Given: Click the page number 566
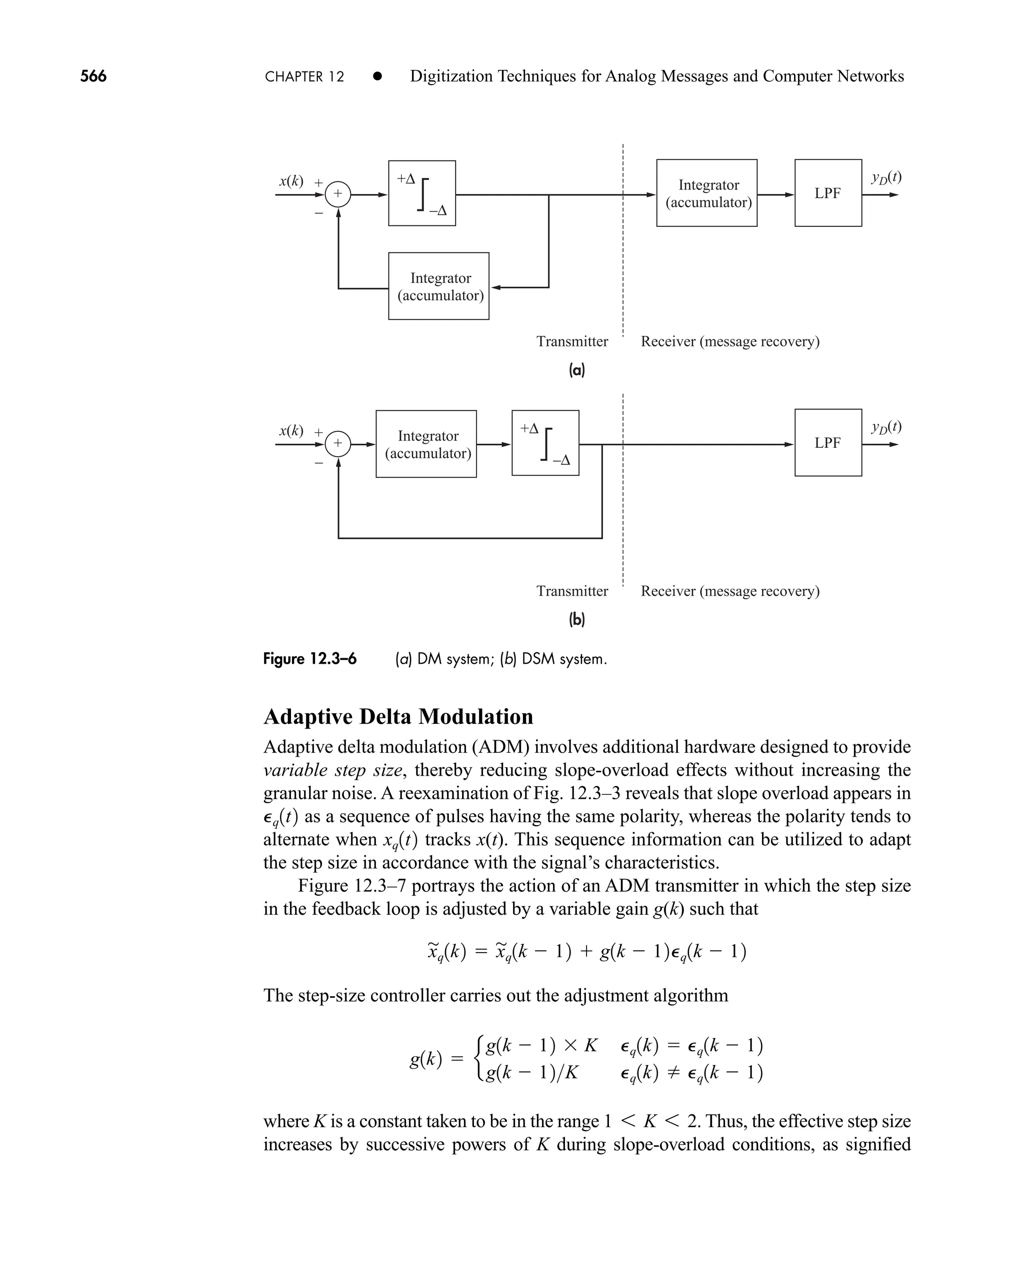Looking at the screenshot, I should click(93, 76).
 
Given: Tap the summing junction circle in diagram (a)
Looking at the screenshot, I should click(338, 193).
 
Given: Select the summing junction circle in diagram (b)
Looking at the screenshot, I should click(338, 443).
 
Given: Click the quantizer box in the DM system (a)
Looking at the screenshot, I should click(422, 193).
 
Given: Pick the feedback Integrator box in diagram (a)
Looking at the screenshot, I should click(438, 286).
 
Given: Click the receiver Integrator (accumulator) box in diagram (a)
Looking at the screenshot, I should click(706, 193).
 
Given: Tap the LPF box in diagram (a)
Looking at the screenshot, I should click(827, 193).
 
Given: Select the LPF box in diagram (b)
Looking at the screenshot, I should click(827, 442).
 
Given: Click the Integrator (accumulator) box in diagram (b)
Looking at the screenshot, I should click(426, 443).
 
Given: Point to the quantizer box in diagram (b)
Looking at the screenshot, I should click(545, 442).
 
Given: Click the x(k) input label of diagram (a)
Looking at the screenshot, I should click(291, 181).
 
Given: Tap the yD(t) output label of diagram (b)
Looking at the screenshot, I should click(886, 426).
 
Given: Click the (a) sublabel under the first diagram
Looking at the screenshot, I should click(576, 370).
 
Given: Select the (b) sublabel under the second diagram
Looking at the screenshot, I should click(576, 619).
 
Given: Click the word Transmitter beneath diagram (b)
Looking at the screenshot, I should click(571, 591).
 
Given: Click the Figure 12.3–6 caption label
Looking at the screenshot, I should click(309, 659).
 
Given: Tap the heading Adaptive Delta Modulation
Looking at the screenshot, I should click(398, 716).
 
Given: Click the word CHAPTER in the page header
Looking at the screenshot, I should click(294, 76).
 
